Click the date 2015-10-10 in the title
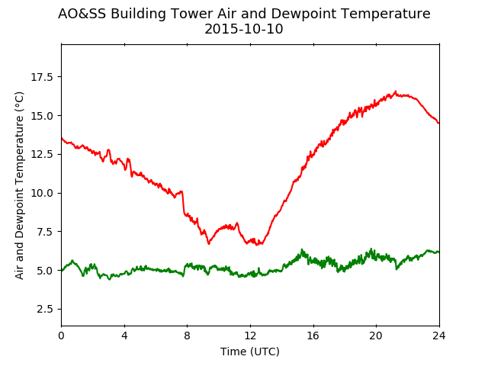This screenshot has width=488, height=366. [244, 29]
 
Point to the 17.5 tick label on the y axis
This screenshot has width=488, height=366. [42, 77]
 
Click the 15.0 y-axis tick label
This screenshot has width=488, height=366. [42, 116]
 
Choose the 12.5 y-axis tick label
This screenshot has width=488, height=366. [42, 154]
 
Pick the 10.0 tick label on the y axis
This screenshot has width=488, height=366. [42, 193]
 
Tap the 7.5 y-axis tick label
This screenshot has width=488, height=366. [45, 232]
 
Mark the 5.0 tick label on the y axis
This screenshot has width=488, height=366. [45, 271]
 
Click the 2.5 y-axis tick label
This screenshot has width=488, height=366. [45, 310]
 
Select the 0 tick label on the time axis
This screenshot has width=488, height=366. [61, 335]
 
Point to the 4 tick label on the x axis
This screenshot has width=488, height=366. [124, 335]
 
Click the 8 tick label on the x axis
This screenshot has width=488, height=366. [188, 335]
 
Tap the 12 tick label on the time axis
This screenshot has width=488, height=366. [250, 335]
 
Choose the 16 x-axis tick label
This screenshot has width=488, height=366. [313, 335]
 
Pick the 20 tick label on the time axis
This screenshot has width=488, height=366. [376, 335]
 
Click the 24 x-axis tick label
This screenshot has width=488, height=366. [439, 335]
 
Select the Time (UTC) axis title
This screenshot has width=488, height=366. [250, 352]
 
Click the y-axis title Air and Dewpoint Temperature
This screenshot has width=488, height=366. [19, 185]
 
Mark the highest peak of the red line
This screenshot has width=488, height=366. [396, 91]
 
